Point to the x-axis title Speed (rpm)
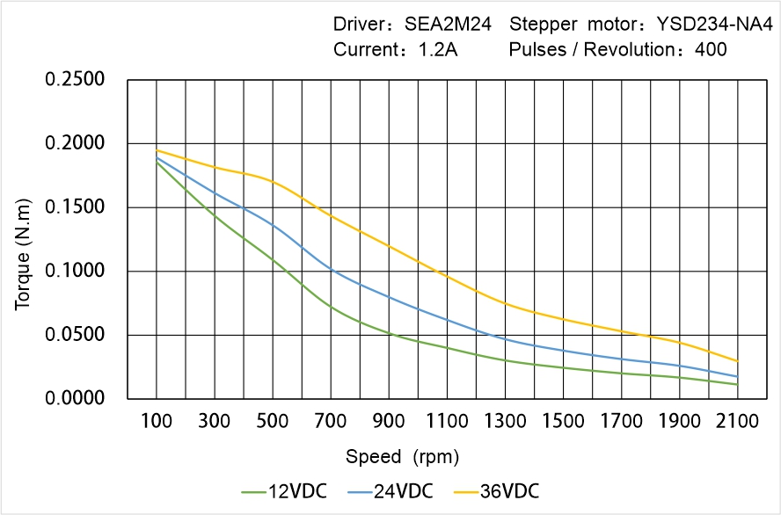click(402, 457)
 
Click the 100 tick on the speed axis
click(157, 421)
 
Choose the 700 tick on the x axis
click(331, 421)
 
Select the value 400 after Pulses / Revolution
click(711, 49)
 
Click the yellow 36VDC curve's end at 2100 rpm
click(737, 361)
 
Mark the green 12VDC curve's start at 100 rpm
click(157, 162)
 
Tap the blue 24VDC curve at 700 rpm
click(331, 270)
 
